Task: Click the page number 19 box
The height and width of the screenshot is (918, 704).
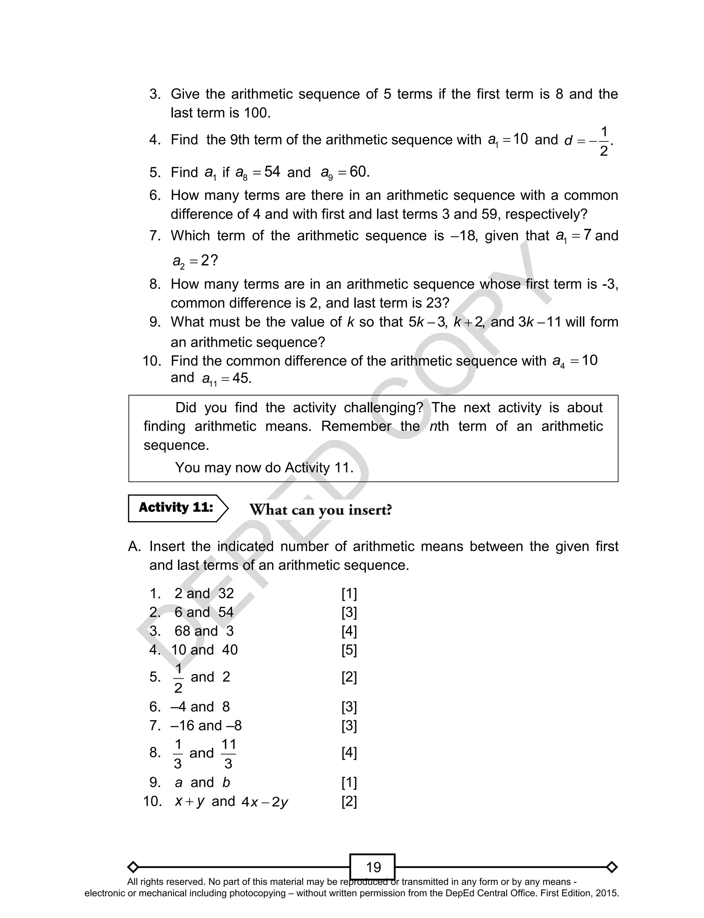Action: [373, 867]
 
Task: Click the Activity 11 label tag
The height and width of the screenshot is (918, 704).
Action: [176, 508]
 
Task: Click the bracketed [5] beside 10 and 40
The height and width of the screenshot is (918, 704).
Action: [349, 650]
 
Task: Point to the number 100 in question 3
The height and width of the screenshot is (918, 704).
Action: [256, 113]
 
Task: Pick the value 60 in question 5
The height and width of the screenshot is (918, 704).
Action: [358, 172]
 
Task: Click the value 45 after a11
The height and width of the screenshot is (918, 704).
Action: [241, 378]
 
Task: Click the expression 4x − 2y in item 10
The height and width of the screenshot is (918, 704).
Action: [265, 802]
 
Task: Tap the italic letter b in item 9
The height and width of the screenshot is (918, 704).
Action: [226, 782]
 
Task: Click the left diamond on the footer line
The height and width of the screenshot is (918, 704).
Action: [133, 867]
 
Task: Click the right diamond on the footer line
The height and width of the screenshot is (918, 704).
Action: [612, 867]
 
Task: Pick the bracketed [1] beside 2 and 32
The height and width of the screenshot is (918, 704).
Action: [349, 594]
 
